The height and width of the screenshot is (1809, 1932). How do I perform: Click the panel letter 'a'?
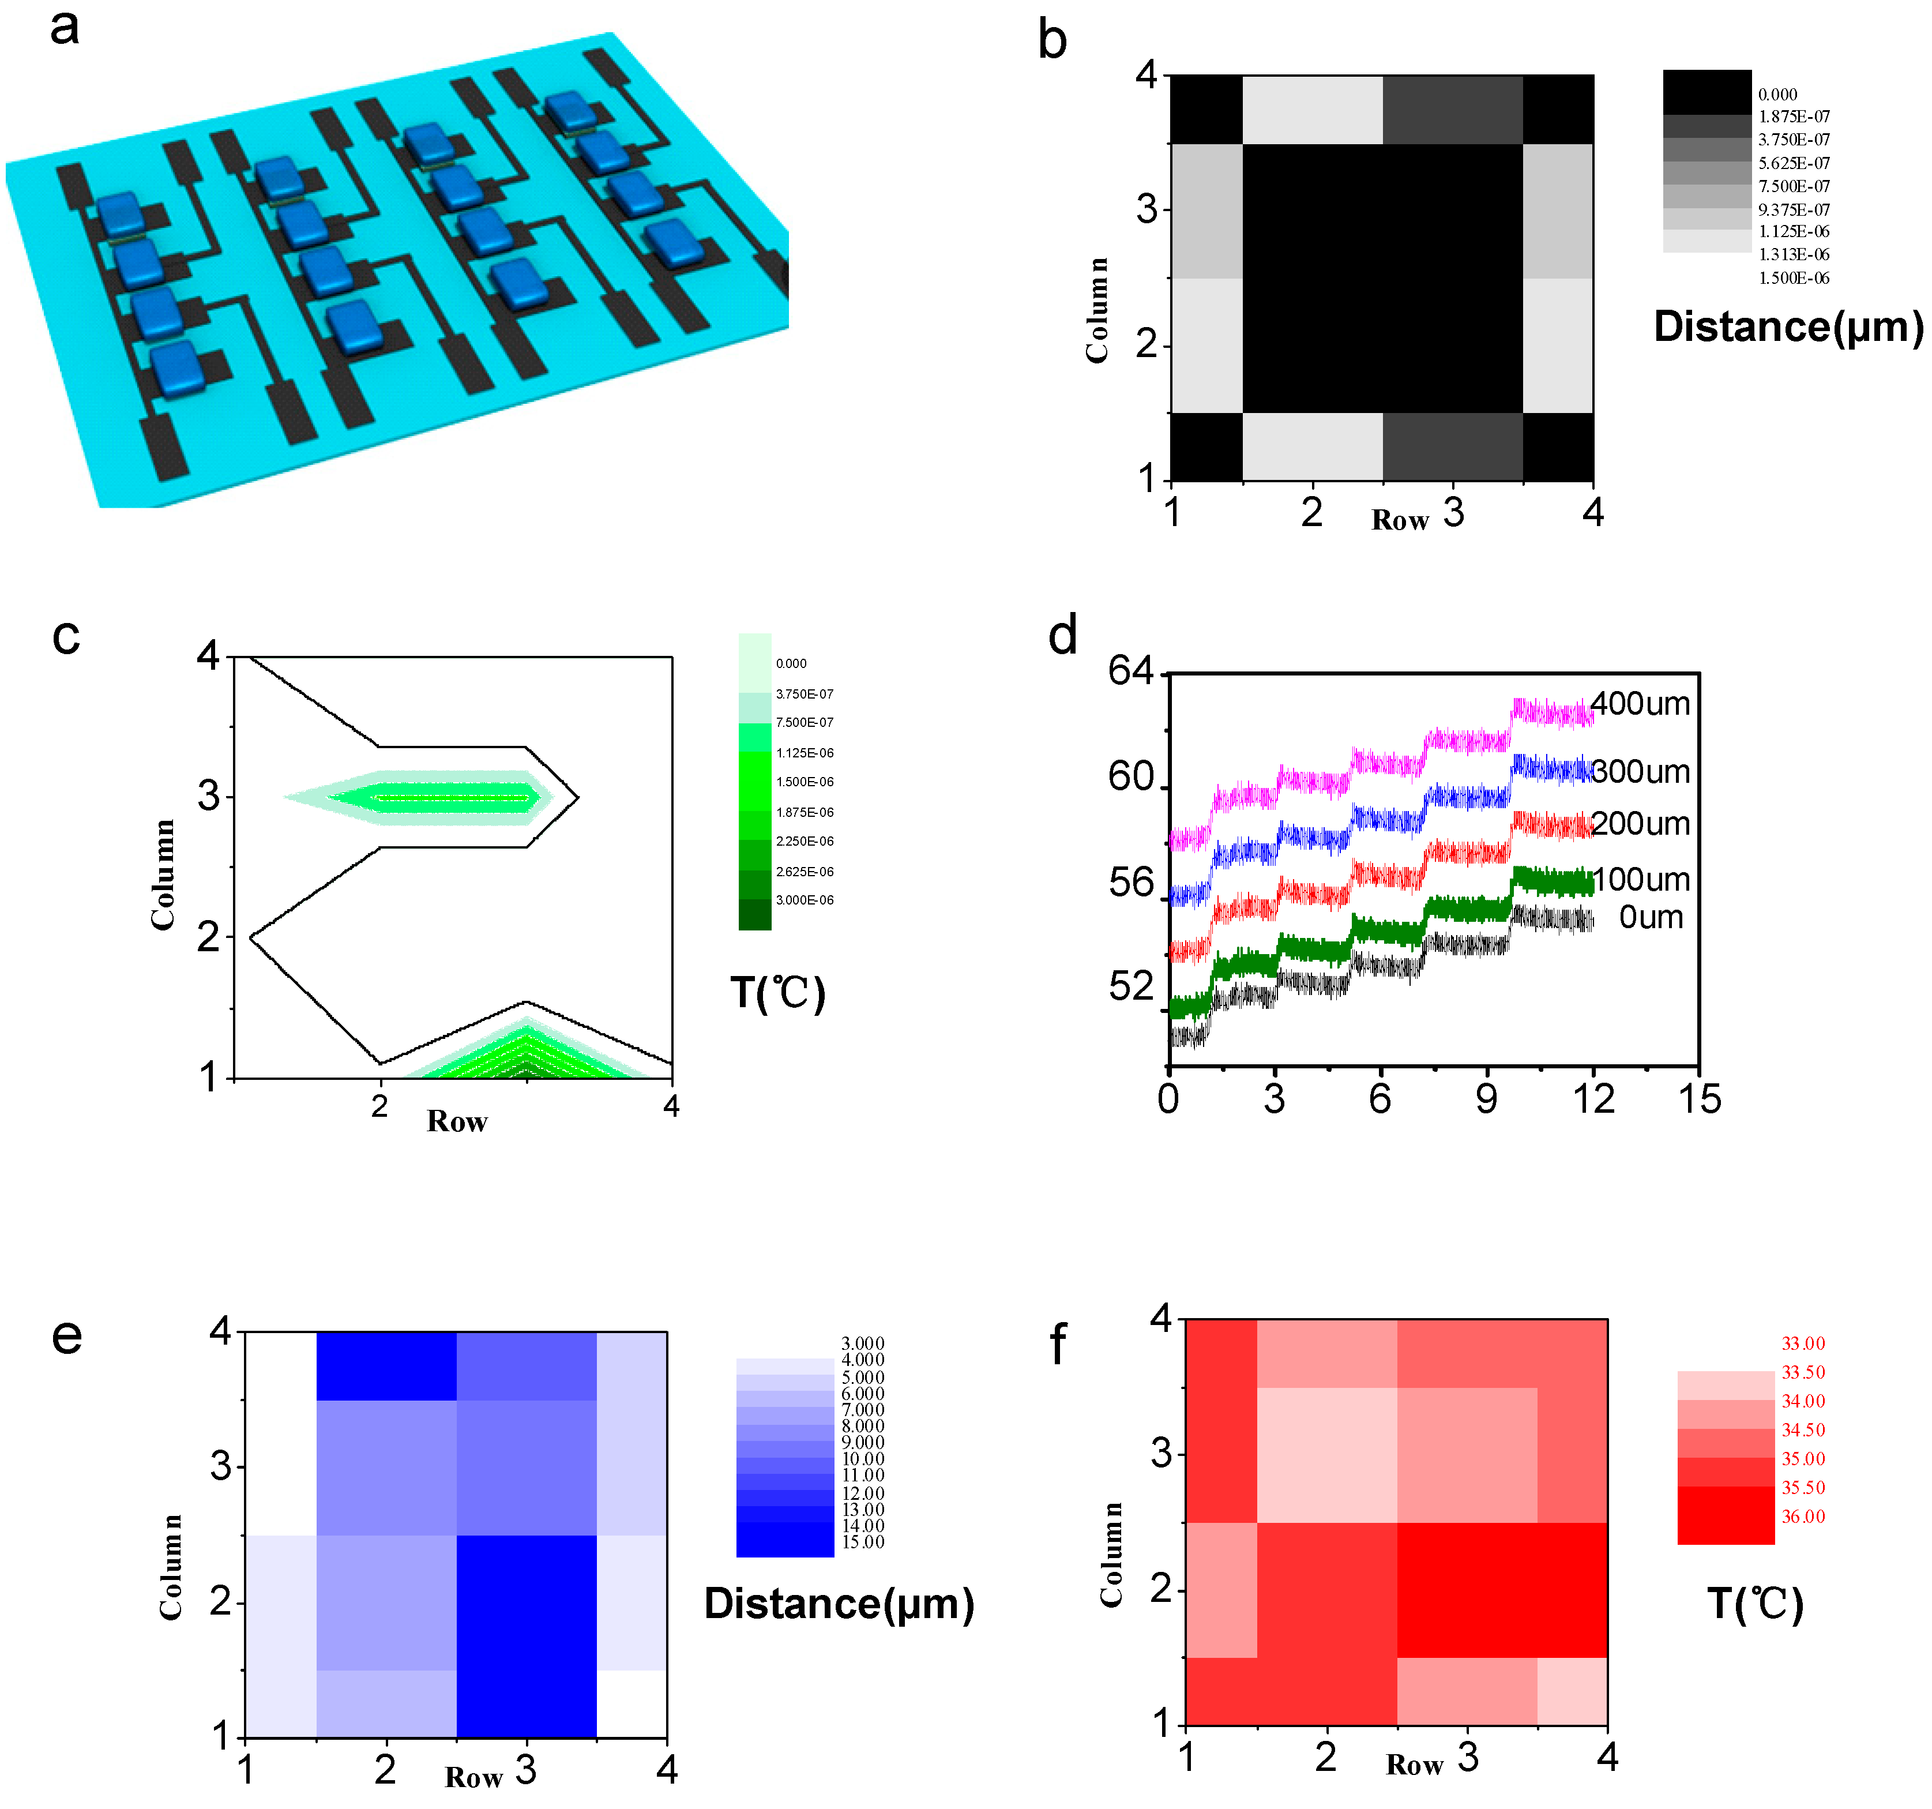click(64, 27)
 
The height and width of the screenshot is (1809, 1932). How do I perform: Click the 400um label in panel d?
click(1640, 704)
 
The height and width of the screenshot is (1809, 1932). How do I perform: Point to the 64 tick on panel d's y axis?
click(1130, 671)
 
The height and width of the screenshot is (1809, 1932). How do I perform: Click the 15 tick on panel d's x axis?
click(1699, 1099)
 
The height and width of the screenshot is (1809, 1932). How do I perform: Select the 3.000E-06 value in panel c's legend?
click(804, 900)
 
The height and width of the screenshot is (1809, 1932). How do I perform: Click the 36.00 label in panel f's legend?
click(1803, 1517)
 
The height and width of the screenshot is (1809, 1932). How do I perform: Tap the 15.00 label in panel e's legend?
click(863, 1542)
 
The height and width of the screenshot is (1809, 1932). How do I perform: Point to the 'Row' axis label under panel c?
click(457, 1122)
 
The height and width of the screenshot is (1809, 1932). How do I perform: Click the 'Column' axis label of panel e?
click(171, 1566)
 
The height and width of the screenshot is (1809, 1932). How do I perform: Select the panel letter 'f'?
click(1058, 1345)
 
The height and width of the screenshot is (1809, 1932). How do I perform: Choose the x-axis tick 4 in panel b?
click(1592, 512)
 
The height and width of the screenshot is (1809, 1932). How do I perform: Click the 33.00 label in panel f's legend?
click(1803, 1343)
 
